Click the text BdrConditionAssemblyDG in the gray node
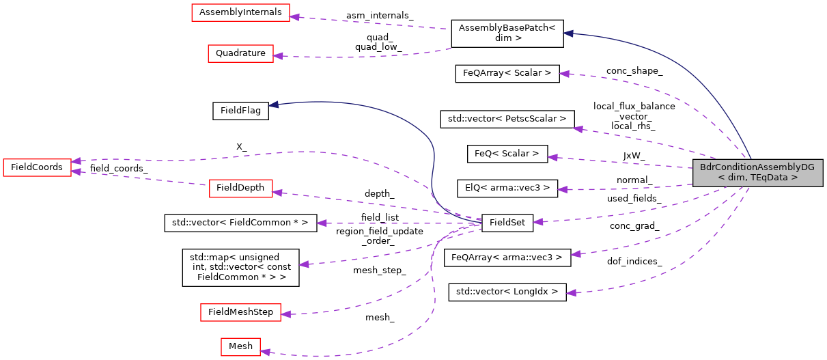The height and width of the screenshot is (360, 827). pyautogui.click(x=757, y=167)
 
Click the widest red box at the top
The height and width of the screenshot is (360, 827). pyautogui.click(x=240, y=13)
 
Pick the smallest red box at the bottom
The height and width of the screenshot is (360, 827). pyautogui.click(x=240, y=347)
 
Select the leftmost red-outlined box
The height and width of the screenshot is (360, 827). pyautogui.click(x=37, y=168)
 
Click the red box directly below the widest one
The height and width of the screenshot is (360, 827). pyautogui.click(x=240, y=54)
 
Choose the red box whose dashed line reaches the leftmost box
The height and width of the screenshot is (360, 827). pyautogui.click(x=240, y=189)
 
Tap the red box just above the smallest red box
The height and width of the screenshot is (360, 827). pyautogui.click(x=240, y=312)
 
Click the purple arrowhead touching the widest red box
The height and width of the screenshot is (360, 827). pyautogui.click(x=294, y=16)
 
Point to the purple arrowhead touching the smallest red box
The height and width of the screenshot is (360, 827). pyautogui.click(x=265, y=352)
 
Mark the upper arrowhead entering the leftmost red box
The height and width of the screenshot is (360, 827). pyautogui.click(x=76, y=161)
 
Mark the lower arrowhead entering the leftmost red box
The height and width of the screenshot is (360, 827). pyautogui.click(x=76, y=171)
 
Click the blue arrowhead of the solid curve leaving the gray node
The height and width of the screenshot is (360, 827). pyautogui.click(x=567, y=33)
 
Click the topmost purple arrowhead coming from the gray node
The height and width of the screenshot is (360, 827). pyautogui.click(x=563, y=73)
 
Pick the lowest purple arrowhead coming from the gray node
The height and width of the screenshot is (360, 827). pyautogui.click(x=570, y=292)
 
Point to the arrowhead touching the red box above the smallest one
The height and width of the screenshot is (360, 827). pyautogui.click(x=285, y=314)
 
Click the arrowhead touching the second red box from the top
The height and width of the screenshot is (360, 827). pyautogui.click(x=278, y=56)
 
